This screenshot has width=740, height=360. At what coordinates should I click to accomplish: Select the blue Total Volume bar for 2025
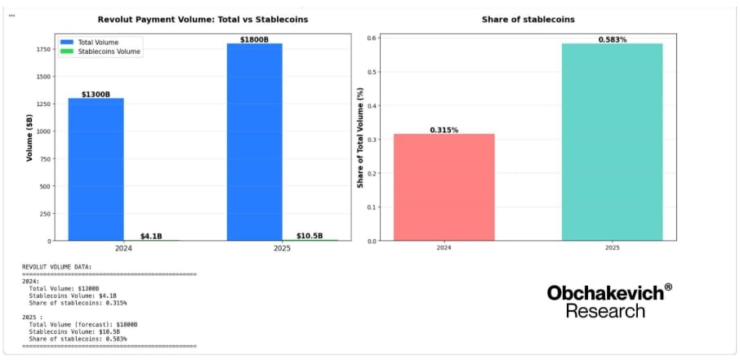click(x=254, y=142)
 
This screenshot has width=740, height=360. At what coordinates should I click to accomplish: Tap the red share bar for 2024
click(x=444, y=187)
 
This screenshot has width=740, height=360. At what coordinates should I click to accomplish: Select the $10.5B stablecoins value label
click(x=310, y=236)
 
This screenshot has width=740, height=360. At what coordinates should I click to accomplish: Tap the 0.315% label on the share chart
click(x=444, y=129)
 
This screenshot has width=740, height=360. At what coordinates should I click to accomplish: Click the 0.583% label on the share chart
click(x=612, y=38)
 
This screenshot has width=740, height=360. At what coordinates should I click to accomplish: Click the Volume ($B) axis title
click(x=29, y=138)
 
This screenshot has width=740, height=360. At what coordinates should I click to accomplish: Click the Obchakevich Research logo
click(x=609, y=300)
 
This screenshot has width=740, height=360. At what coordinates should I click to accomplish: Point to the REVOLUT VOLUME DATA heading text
click(x=57, y=266)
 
